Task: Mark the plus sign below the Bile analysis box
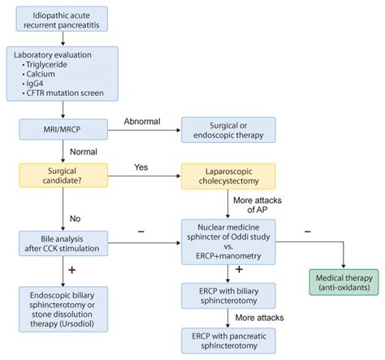pyautogui.click(x=73, y=269)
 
